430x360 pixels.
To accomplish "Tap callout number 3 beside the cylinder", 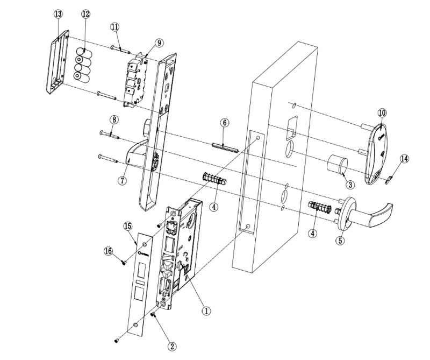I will click(350, 185).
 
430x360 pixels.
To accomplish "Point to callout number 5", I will click(340, 241).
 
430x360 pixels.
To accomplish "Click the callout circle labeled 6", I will click(225, 123).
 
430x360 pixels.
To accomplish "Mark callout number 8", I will click(113, 119).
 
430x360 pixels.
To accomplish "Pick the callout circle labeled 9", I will click(159, 43).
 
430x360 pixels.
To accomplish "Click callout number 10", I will click(382, 113).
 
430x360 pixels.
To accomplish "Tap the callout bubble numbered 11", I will click(115, 27).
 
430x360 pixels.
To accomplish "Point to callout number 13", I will click(59, 14).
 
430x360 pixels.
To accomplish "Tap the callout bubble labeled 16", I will click(108, 251).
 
